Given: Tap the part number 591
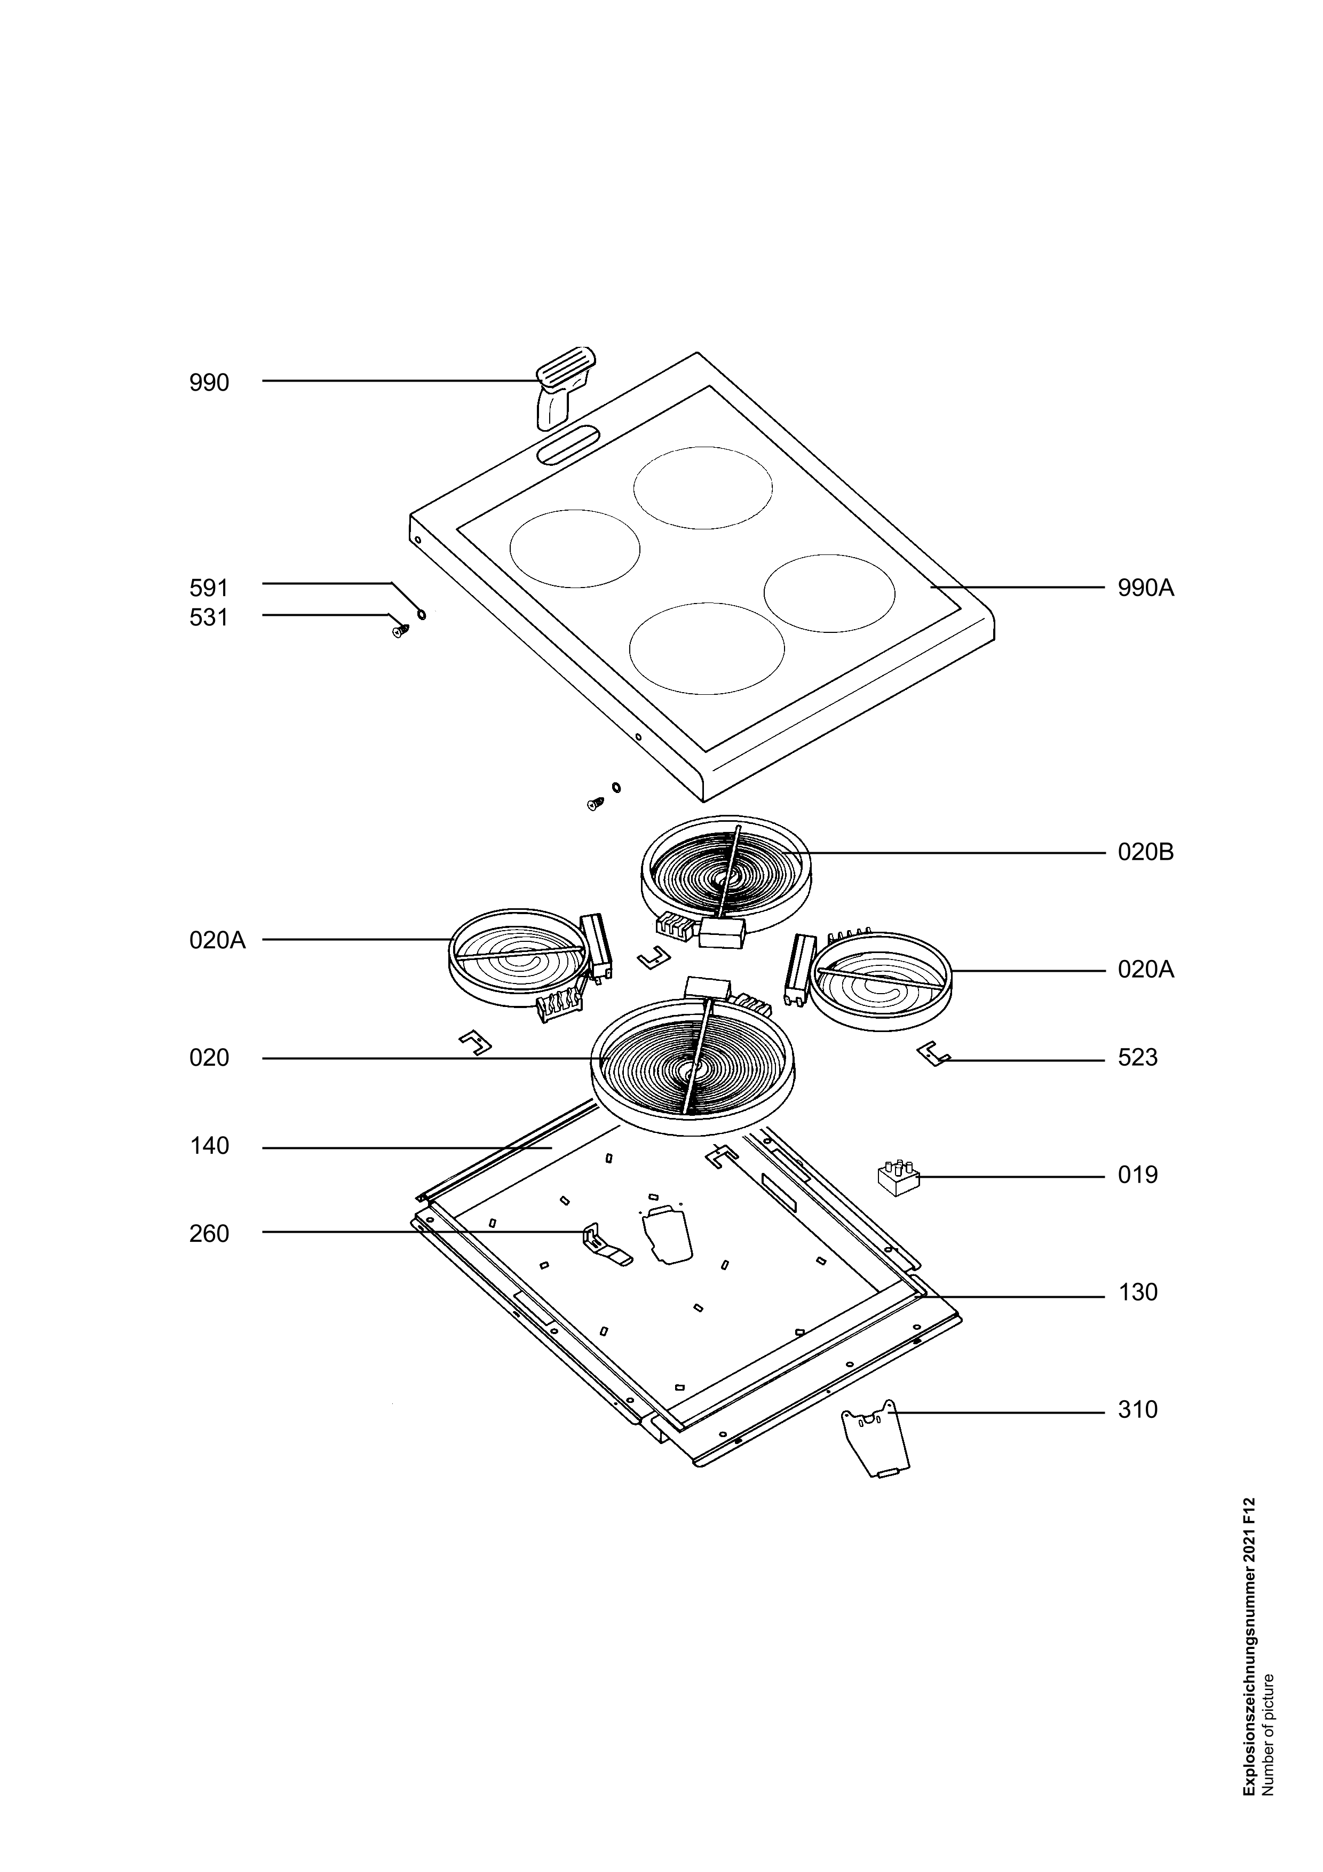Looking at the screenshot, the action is [210, 588].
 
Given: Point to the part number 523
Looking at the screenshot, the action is [1137, 1058].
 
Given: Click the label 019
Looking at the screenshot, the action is [1137, 1175].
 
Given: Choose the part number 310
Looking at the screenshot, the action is [1137, 1410].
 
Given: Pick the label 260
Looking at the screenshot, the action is [210, 1234].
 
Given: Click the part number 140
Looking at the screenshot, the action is [210, 1146].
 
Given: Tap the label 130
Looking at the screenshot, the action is [1137, 1292].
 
